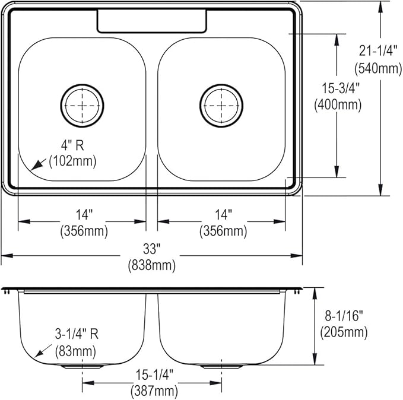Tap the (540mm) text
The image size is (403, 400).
pos(378,68)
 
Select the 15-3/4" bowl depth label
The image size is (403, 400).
pos(341,88)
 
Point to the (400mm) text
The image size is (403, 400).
pos(338,105)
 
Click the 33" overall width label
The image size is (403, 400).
pos(151,249)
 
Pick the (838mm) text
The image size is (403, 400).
pos(151,265)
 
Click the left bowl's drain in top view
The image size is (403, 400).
pos(82,106)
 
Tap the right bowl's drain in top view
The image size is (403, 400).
pos(221,106)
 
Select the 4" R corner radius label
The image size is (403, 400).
pos(72,145)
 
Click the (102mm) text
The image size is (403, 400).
pos(72,161)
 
